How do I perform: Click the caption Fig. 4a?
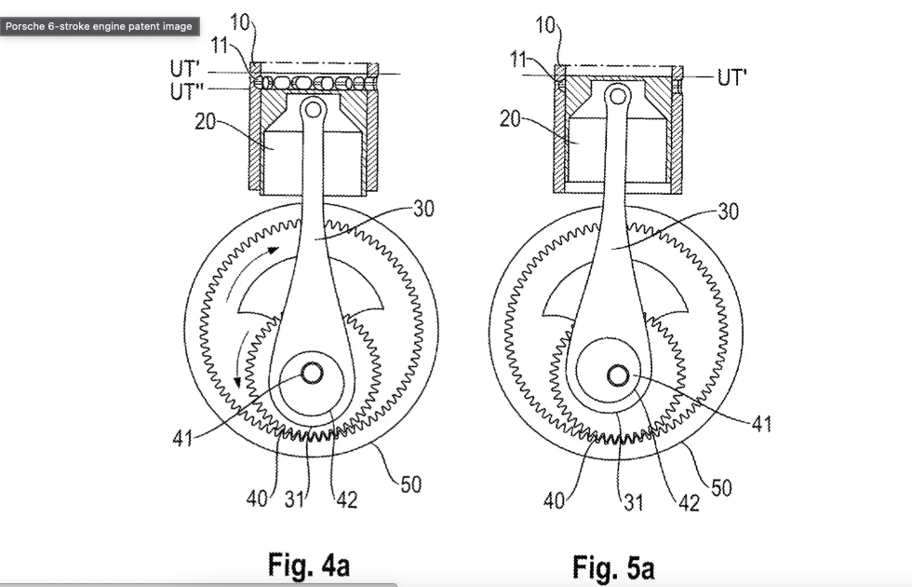coord(308,565)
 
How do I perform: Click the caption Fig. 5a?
coord(614,565)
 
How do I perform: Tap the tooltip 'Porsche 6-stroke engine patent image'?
coord(99,26)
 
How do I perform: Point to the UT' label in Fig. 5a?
coord(732,77)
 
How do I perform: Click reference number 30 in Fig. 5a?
coord(729,212)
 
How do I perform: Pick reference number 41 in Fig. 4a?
coord(182,437)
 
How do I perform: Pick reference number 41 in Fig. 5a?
coord(762,424)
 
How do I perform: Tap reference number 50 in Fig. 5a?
coord(720,485)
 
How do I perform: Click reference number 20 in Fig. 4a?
coord(206,121)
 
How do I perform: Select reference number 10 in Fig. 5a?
coord(545,25)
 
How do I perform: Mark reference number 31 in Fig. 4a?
coord(294,499)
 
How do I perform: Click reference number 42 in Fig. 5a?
coord(690,503)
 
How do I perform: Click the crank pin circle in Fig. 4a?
coord(311,373)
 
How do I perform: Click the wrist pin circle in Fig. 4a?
coord(313,109)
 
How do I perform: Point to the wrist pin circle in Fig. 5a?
coord(616,94)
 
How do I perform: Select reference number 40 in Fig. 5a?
coord(555,501)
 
